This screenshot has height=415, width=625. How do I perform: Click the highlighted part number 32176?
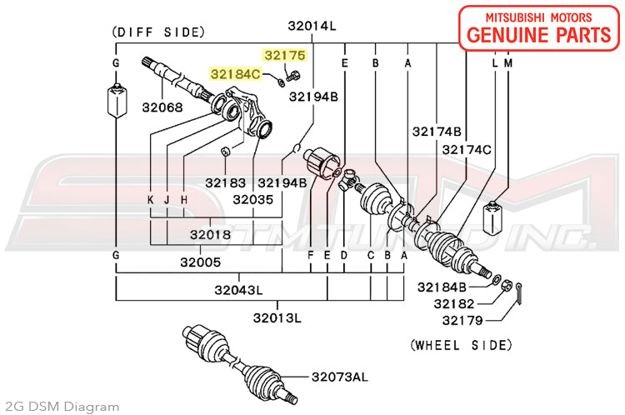tap(285, 56)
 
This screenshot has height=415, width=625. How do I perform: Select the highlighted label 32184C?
tap(236, 74)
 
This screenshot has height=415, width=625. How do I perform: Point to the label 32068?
tap(162, 107)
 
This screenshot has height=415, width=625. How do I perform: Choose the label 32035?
tap(253, 199)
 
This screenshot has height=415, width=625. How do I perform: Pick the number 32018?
tap(210, 235)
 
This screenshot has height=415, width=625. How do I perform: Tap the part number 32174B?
tap(436, 132)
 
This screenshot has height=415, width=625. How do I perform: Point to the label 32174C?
tap(467, 150)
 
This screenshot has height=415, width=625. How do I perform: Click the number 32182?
tap(463, 303)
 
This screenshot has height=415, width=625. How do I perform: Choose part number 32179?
tap(463, 320)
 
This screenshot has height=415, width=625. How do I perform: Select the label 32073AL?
tap(342, 377)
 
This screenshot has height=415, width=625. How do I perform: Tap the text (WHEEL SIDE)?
tap(460, 344)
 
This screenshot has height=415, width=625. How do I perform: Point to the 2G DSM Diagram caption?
tap(62, 407)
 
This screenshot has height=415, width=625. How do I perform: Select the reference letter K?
tap(151, 200)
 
